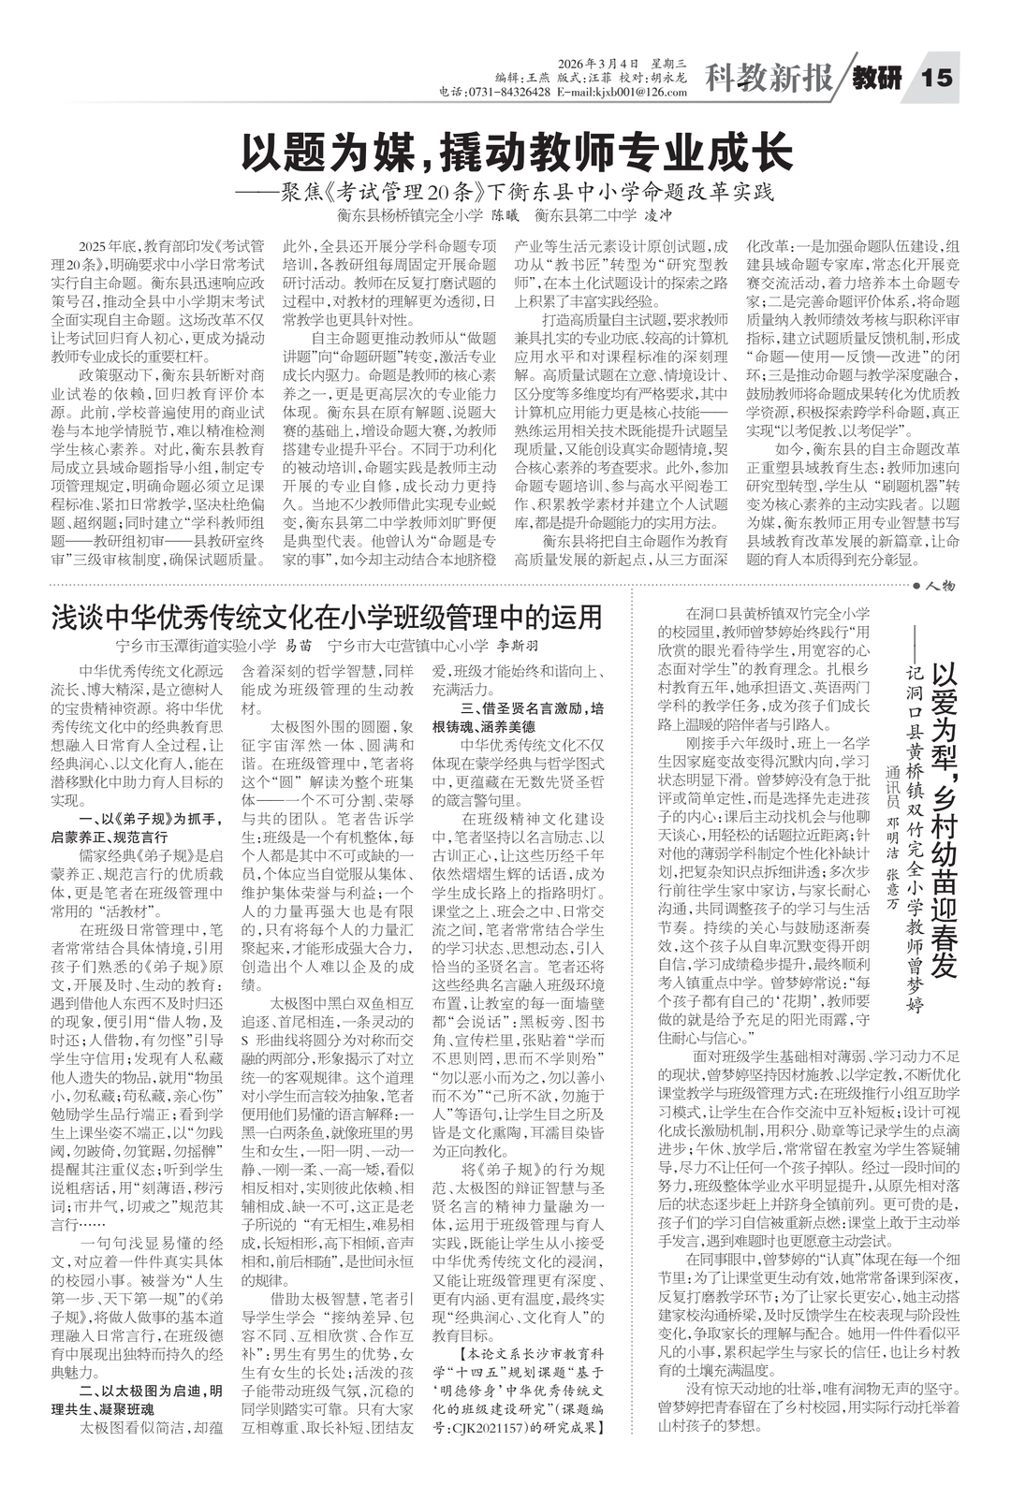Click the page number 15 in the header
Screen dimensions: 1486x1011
(x=937, y=77)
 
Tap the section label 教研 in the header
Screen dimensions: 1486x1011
(x=877, y=79)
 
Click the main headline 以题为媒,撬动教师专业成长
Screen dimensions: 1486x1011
(x=518, y=152)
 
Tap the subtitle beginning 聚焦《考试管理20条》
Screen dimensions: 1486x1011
(x=518, y=193)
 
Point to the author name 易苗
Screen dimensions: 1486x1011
(x=298, y=645)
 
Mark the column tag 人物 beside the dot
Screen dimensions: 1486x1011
(x=939, y=586)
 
